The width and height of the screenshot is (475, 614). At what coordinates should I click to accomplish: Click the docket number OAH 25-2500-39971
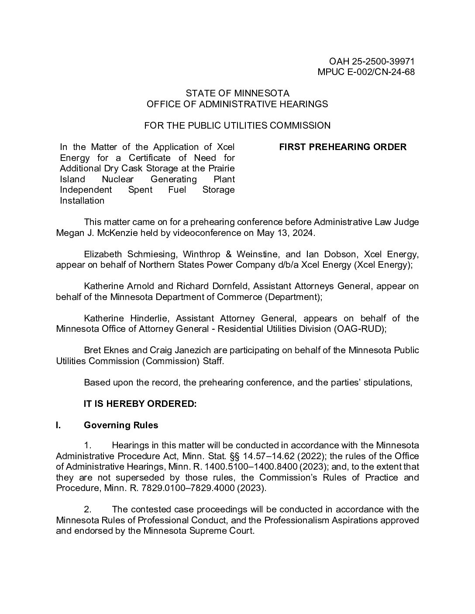pos(372,61)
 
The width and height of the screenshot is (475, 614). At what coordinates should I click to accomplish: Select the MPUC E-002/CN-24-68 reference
pos(366,72)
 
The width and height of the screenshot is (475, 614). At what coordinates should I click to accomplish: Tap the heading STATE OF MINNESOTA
pos(237,93)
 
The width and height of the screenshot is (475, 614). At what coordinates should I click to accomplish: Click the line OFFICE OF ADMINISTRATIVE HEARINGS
pos(237,104)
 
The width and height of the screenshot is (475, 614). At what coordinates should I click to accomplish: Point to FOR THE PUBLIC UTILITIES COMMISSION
pos(237,126)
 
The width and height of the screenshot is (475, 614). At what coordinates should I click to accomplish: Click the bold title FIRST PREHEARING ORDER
pos(343,147)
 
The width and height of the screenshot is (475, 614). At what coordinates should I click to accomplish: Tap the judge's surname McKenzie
pos(117,233)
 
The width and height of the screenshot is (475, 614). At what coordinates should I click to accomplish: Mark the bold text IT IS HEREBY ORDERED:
pos(140,404)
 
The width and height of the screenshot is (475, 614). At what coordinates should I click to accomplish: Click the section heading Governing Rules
pos(121,425)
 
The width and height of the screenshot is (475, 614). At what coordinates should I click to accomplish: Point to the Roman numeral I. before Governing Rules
pos(59,425)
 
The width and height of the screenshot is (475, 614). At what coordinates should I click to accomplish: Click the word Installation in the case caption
pos(82,201)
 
